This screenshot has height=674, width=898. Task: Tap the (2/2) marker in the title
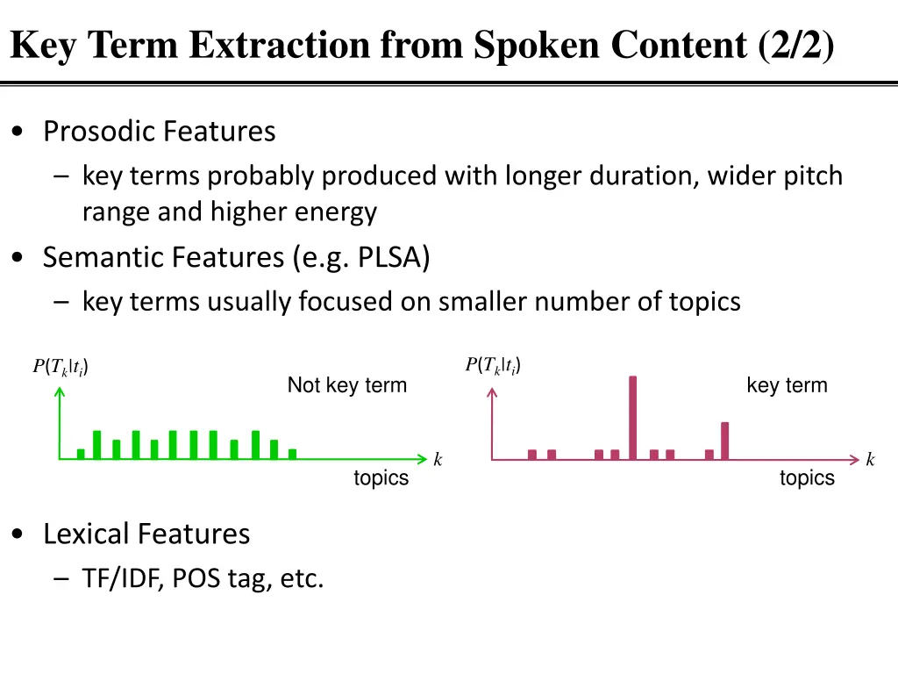coord(797,46)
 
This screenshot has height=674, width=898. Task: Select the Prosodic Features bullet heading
coord(159,132)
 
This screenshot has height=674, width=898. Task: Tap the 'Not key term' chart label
coord(347,385)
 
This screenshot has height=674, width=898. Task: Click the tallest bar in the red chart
coord(632,417)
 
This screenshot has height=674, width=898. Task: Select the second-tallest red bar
coord(724,441)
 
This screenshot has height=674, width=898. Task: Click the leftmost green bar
coord(81,454)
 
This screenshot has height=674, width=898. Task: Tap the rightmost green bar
coord(292,454)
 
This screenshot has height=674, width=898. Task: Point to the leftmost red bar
coord(532,454)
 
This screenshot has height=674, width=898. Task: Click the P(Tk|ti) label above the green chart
coord(61,367)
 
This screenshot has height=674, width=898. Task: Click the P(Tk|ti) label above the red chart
coord(493,365)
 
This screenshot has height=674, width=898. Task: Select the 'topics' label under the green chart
coord(381,478)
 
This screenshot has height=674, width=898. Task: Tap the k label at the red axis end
coord(870,460)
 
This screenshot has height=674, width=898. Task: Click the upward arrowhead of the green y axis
coord(60,392)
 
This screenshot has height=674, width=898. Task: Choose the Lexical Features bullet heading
coord(146,534)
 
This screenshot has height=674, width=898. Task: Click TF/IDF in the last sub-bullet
coord(120,579)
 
